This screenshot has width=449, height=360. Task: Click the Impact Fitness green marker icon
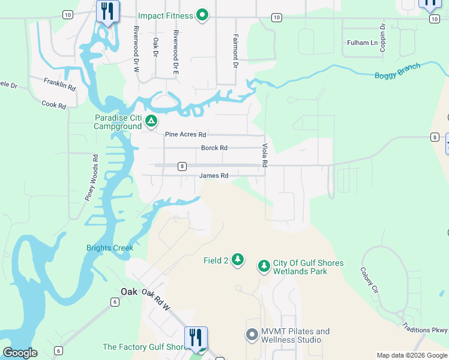pyautogui.click(x=202, y=15)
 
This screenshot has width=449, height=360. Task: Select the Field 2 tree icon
pyautogui.click(x=238, y=259)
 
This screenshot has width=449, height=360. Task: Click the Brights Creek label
pyautogui.click(x=109, y=248)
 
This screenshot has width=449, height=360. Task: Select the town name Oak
pyautogui.click(x=129, y=292)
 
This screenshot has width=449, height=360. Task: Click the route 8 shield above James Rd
pyautogui.click(x=182, y=166)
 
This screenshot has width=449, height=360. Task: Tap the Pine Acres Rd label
pyautogui.click(x=185, y=134)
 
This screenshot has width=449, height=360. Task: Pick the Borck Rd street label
pyautogui.click(x=214, y=148)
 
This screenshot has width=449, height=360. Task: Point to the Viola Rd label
pyautogui.click(x=264, y=155)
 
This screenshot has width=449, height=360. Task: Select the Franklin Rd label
pyautogui.click(x=61, y=84)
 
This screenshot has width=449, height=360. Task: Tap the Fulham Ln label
pyautogui.click(x=363, y=43)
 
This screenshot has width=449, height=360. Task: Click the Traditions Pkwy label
pyautogui.click(x=427, y=330)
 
